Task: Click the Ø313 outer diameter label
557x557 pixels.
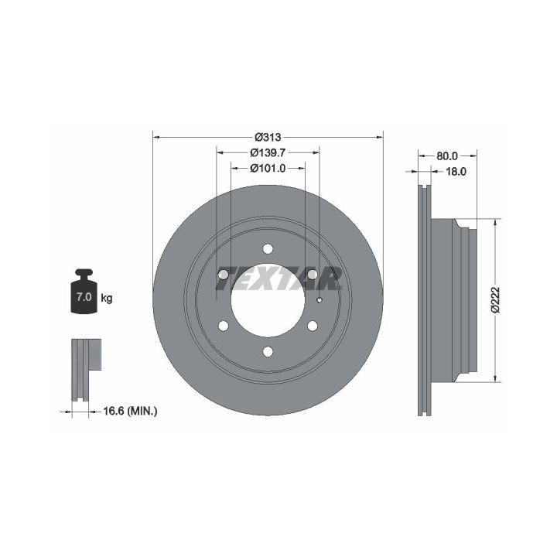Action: point(268,137)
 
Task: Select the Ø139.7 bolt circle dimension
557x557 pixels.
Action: point(268,152)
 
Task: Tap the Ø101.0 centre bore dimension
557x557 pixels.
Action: point(268,168)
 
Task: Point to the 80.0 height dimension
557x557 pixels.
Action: point(447,156)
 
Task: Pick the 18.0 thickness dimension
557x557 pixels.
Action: point(456,172)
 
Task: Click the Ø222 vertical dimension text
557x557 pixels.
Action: point(495,300)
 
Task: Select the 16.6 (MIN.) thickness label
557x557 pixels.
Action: point(131,411)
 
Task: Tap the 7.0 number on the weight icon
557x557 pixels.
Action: point(84,297)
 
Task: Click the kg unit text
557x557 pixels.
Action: point(107,298)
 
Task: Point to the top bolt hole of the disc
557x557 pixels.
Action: point(268,248)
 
